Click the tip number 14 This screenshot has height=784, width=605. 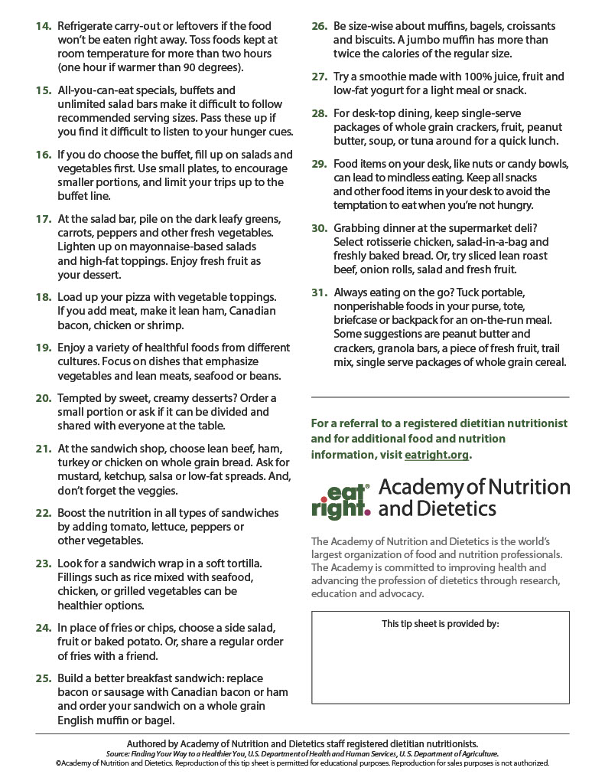click(x=43, y=26)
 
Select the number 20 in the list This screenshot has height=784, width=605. click(x=43, y=398)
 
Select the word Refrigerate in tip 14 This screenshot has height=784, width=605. click(x=89, y=26)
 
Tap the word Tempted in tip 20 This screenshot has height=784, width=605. click(x=81, y=398)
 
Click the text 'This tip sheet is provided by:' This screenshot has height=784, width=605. click(x=440, y=624)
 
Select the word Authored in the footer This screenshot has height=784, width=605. click(x=151, y=743)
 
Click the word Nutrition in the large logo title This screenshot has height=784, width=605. click(x=527, y=487)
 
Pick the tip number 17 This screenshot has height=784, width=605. click(x=43, y=219)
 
